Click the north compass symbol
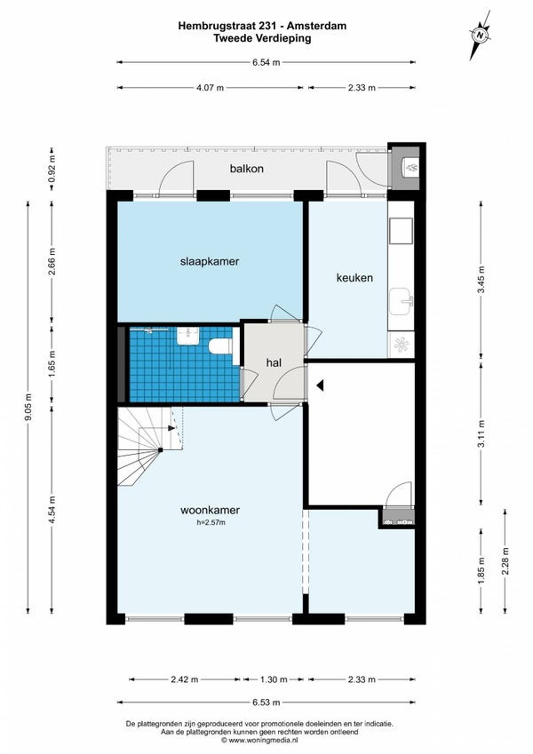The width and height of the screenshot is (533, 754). (480, 36)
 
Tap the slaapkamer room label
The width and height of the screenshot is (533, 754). (210, 262)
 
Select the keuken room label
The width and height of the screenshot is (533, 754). (354, 278)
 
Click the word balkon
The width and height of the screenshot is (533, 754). (246, 169)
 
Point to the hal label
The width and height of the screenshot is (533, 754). (274, 363)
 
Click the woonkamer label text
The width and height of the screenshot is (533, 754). (210, 510)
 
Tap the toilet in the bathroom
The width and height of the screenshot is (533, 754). (220, 345)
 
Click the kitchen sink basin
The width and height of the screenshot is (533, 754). (402, 302)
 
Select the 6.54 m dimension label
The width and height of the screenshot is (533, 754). (266, 62)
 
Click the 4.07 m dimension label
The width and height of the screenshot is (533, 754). (210, 88)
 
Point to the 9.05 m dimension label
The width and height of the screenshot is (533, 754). (28, 408)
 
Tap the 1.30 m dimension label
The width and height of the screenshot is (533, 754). (274, 679)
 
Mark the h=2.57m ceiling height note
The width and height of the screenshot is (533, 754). (211, 523)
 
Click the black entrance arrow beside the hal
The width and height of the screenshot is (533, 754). (320, 385)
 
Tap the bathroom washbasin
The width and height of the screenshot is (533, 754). (187, 336)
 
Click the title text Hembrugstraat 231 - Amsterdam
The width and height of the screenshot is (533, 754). (263, 26)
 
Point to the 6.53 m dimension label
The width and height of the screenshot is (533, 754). (266, 702)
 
